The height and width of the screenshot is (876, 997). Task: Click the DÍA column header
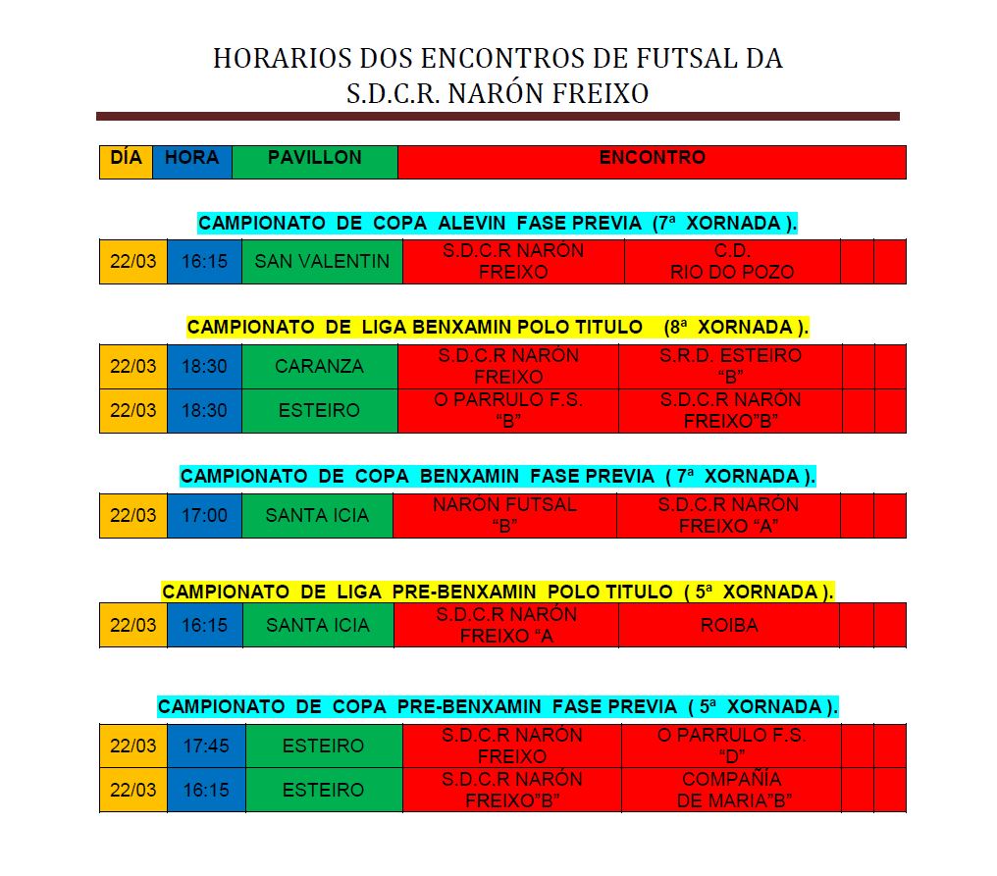pos(126,161)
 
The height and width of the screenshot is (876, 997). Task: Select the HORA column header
pos(191,161)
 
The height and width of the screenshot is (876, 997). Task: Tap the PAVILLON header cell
pos(314,161)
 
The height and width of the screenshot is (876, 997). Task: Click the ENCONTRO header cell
pos(652,161)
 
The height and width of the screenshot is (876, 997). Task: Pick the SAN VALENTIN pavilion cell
pos(322,262)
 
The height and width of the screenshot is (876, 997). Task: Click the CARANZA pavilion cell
pos(319,367)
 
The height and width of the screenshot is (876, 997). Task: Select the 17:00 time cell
pos(204,515)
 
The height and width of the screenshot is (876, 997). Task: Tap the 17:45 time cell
pos(206,746)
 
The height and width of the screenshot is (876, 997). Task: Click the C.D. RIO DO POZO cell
pos(732,262)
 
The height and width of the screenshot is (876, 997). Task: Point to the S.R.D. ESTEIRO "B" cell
pos(730,366)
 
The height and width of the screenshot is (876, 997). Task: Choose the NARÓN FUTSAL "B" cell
pos(504,515)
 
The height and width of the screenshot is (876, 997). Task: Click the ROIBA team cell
pos(729,625)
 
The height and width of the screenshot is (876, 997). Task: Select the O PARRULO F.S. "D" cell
pos(731,746)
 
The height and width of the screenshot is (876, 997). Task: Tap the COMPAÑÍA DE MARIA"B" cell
pos(731,790)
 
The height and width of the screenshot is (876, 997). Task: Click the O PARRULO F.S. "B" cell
pos(507,410)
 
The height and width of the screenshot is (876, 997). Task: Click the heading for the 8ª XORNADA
pos(498,327)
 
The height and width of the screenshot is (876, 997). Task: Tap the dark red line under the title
pos(498,116)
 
